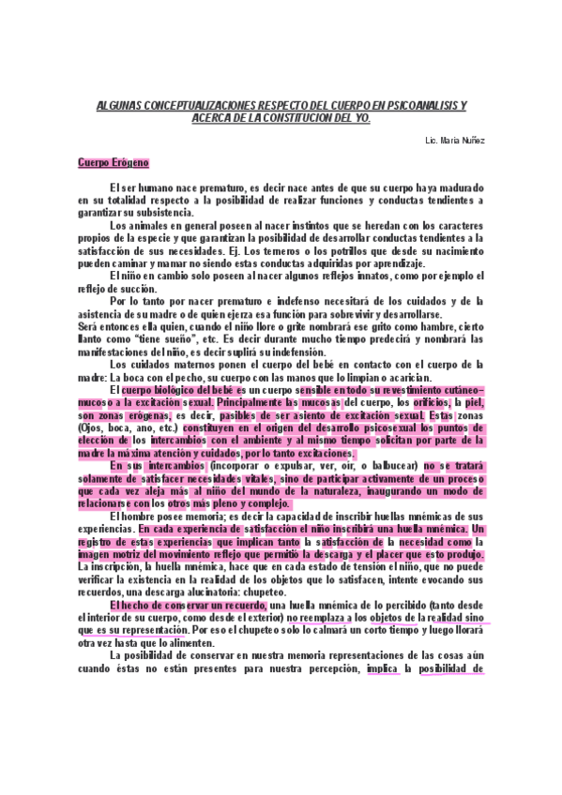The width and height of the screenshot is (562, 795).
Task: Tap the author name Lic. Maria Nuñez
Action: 455,140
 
